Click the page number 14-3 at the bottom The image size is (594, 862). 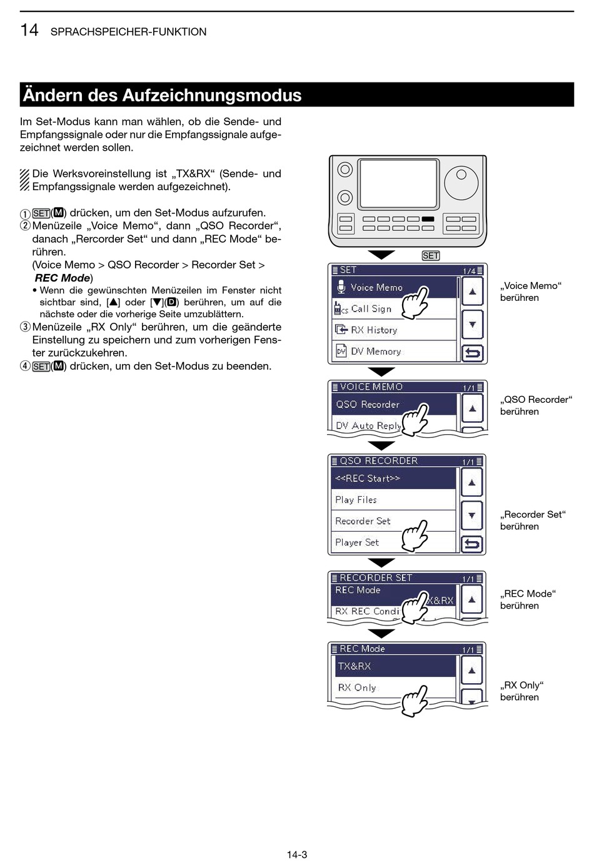[x=297, y=854]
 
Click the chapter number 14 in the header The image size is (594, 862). [x=29, y=30]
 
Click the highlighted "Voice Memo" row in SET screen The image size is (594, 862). [x=375, y=288]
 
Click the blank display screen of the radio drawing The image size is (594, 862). [x=398, y=184]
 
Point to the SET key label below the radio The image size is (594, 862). [x=431, y=256]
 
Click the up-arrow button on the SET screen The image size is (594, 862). [x=473, y=292]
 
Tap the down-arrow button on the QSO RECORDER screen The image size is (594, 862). [x=472, y=516]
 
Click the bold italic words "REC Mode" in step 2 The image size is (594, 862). [x=63, y=278]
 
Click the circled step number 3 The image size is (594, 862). [x=25, y=327]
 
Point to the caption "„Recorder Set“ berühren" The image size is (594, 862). [x=533, y=520]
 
